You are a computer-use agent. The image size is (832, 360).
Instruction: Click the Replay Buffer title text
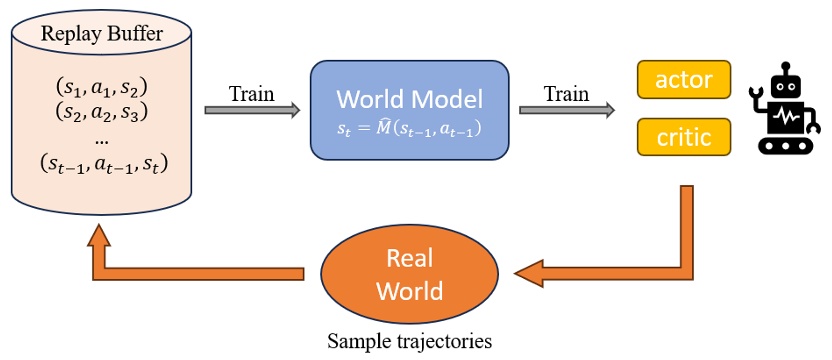[x=101, y=33]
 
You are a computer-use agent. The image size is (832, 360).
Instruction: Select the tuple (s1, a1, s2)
[x=100, y=86]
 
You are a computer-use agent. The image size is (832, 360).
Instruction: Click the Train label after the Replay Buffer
[x=252, y=93]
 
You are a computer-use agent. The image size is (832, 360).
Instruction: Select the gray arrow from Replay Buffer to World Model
[x=251, y=111]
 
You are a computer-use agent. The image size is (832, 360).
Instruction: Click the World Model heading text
[x=409, y=99]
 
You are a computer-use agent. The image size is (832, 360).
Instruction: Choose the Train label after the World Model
[x=566, y=93]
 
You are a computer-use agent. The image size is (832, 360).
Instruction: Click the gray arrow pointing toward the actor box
[x=566, y=111]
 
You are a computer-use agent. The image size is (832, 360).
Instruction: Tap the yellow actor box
[x=684, y=78]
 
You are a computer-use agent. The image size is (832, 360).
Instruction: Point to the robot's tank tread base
[x=789, y=144]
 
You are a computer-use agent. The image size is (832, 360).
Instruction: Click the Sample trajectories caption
[x=410, y=341]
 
